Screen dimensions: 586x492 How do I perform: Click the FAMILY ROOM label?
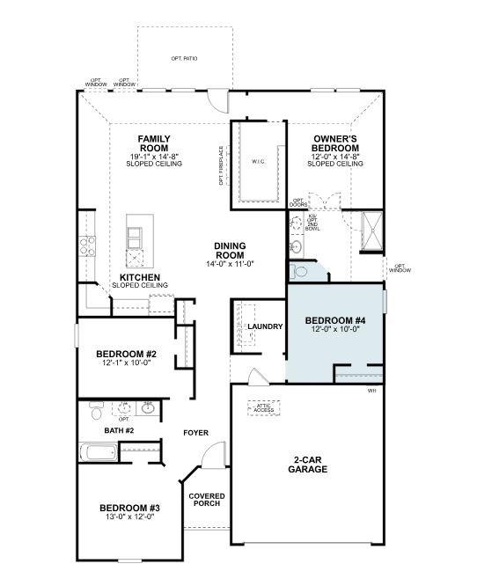(x=154, y=143)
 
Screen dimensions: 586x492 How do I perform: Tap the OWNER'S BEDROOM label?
(x=334, y=143)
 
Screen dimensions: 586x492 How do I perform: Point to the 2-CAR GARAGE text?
(x=310, y=465)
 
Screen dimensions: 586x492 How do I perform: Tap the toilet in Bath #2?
(x=97, y=411)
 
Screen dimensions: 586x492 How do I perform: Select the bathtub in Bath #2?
(x=99, y=453)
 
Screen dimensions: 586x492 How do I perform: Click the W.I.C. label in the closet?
(x=258, y=162)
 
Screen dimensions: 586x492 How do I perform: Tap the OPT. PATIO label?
(x=184, y=59)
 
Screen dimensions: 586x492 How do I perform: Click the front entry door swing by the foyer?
(x=213, y=458)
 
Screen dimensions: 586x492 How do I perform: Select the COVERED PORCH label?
(x=207, y=501)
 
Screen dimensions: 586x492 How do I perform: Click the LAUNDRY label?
(x=265, y=326)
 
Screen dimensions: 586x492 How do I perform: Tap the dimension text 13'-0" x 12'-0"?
(x=129, y=517)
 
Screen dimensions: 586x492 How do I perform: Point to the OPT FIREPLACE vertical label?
(x=221, y=166)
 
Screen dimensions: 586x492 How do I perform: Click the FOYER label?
(x=195, y=433)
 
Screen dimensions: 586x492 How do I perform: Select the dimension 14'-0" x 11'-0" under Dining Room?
(x=229, y=264)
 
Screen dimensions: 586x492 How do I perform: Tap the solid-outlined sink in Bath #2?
(x=147, y=409)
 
